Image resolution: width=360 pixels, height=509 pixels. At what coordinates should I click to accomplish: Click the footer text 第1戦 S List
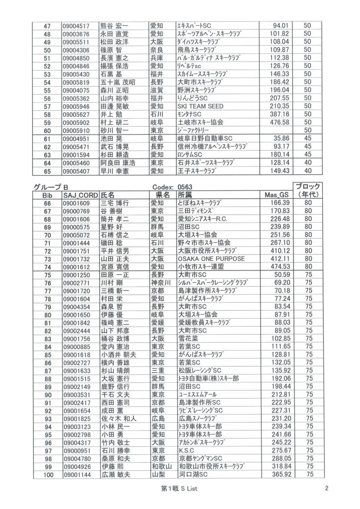coord(180,489)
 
